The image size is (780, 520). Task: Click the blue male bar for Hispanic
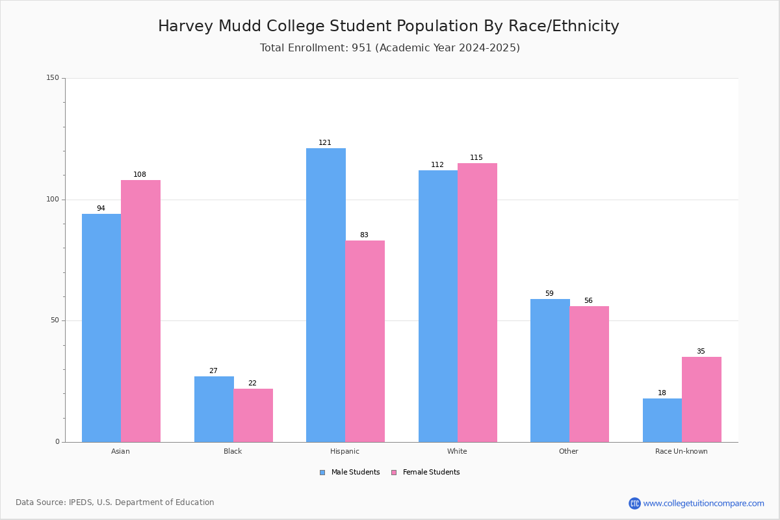326,295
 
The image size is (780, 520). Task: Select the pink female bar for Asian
140,311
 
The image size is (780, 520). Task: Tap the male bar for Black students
214,409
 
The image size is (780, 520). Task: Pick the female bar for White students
477,303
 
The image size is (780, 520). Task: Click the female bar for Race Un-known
701,400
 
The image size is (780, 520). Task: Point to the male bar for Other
550,370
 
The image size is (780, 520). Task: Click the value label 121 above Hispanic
325,142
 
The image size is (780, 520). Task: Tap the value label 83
364,235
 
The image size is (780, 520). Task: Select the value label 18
662,393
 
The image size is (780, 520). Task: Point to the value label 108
140,174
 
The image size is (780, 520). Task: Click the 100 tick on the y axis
53,199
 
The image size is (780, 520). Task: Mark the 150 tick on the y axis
53,77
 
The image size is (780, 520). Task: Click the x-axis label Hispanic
344,451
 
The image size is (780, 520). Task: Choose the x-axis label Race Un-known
681,451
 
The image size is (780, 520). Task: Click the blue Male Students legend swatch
322,473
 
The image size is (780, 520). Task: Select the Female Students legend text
432,472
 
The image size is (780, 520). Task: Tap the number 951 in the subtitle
362,47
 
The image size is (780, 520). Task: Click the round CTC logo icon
634,503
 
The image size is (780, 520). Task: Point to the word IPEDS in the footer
81,502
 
